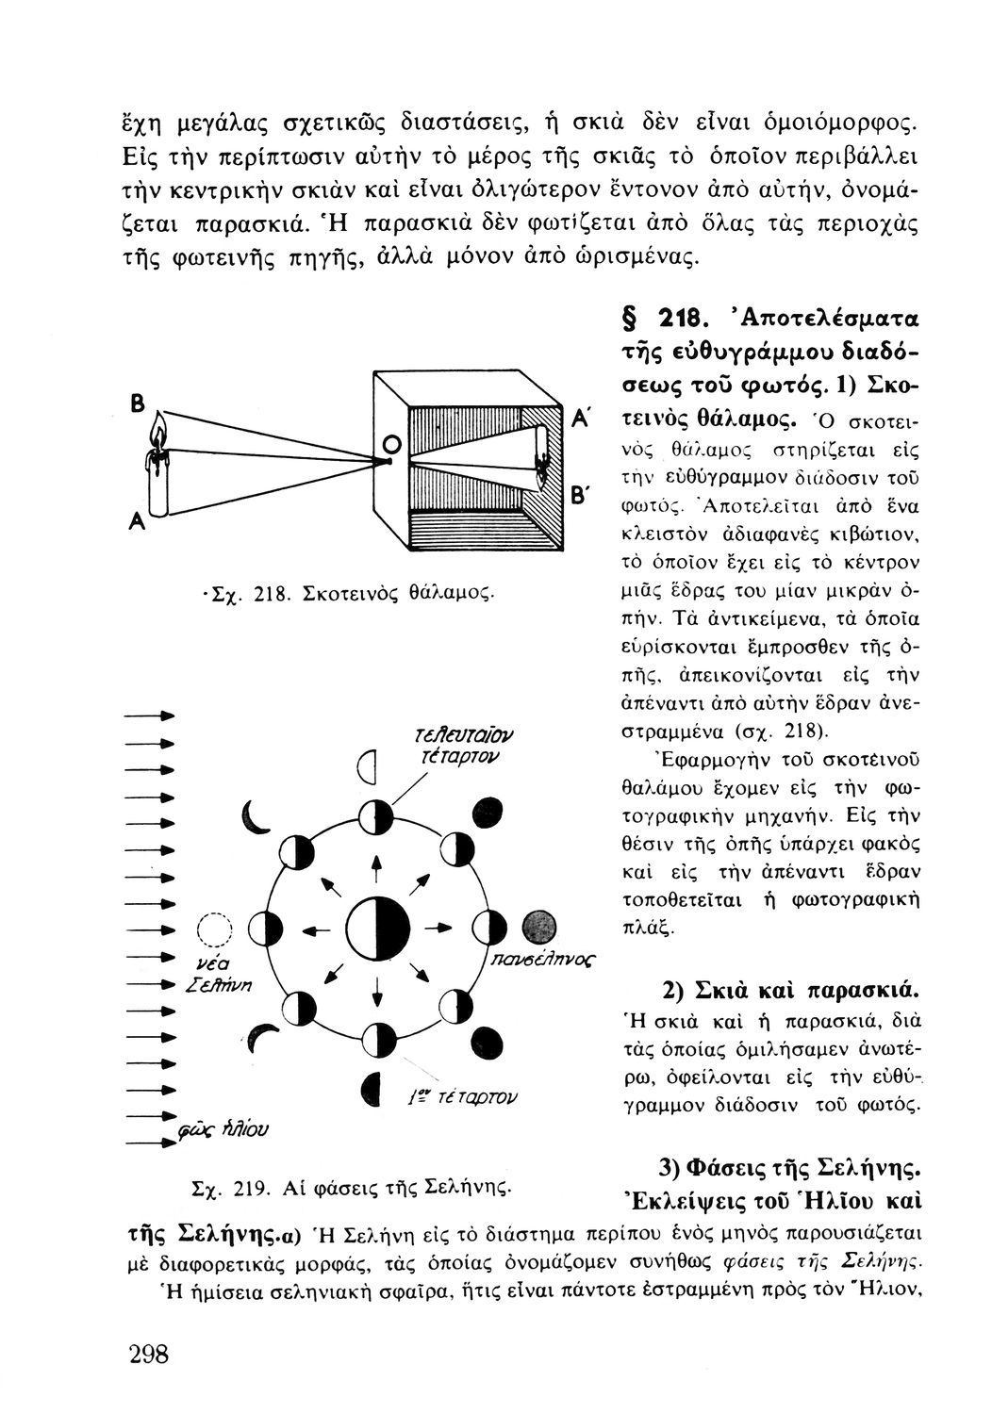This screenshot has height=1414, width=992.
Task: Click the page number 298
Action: point(148,1355)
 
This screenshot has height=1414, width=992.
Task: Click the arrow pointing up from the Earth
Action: point(377,866)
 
